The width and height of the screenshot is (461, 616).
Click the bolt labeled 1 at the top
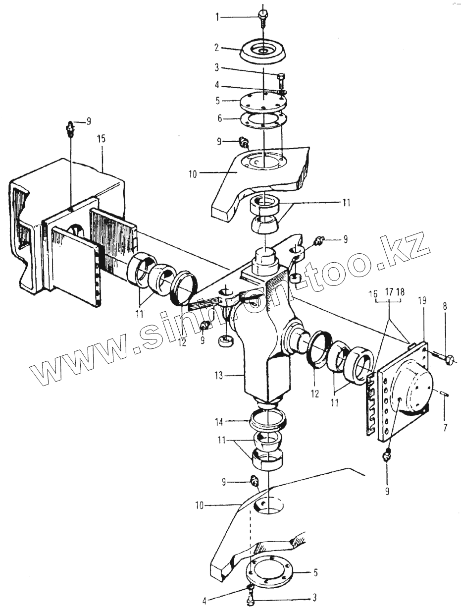[x=263, y=17]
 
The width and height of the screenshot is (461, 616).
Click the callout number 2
[x=216, y=48]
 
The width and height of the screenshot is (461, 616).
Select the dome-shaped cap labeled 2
[x=263, y=53]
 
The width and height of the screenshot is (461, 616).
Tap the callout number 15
[x=102, y=139]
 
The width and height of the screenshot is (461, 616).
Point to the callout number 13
[x=219, y=375]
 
